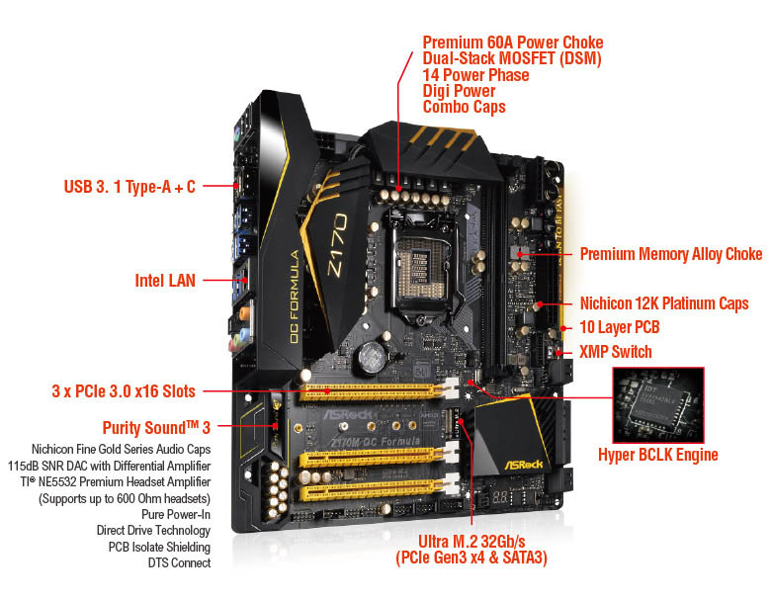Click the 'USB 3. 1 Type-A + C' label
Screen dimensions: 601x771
(129, 186)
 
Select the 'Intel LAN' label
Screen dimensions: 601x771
(164, 280)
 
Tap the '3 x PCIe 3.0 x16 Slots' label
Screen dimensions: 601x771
(123, 389)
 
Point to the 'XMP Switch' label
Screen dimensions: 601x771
(615, 352)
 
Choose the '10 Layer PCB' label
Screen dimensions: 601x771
(619, 327)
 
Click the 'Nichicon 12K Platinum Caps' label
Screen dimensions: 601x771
(664, 303)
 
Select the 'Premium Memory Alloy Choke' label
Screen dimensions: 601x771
(670, 254)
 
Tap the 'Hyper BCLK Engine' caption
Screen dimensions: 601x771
(657, 455)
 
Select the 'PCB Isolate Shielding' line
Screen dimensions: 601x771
(158, 547)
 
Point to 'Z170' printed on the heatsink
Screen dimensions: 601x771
(334, 237)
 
